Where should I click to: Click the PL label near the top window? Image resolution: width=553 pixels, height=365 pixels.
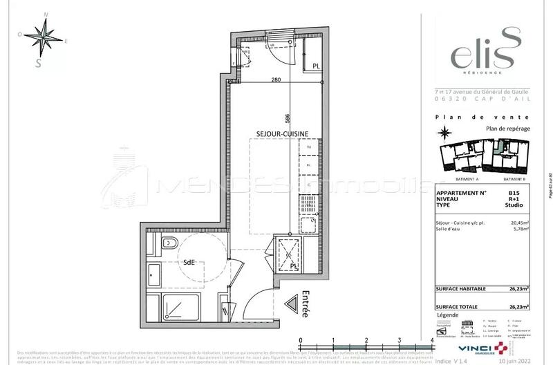315,66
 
